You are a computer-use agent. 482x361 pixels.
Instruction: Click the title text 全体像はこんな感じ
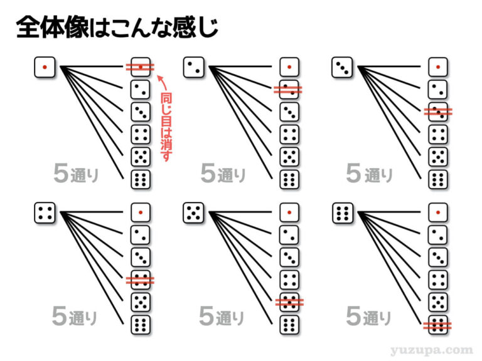coord(116,28)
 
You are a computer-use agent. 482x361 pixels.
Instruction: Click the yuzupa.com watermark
coord(436,350)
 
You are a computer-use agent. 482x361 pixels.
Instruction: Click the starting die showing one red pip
coord(45,66)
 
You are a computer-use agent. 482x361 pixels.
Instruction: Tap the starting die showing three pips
coord(342,66)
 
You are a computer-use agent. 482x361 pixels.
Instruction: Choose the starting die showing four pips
coord(45,213)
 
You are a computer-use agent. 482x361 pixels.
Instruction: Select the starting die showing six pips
coord(342,213)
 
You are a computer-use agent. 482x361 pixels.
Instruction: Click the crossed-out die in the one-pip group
coord(141,66)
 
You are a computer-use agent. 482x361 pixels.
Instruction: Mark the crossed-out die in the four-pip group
coord(141,280)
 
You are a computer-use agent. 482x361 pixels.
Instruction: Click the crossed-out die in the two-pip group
coord(289,89)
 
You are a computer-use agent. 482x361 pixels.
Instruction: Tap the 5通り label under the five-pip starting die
coord(222,317)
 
